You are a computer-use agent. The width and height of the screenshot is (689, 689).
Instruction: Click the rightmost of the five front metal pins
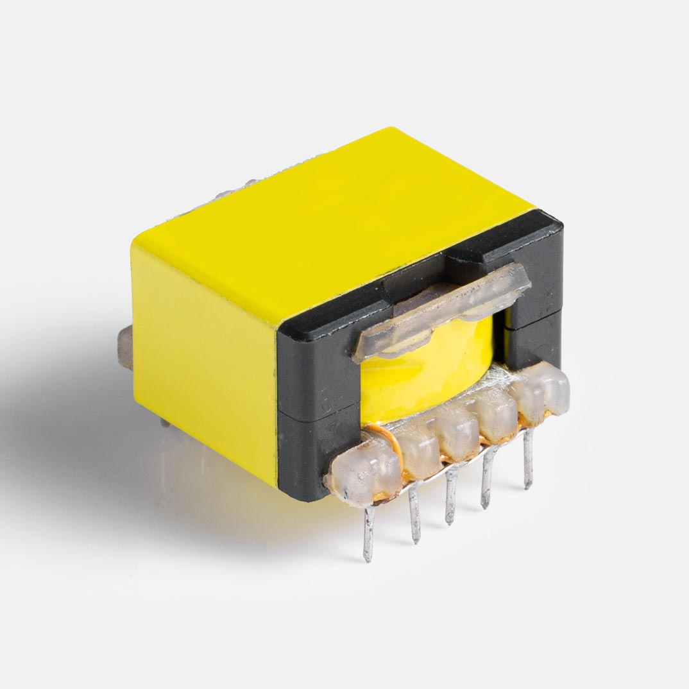click(528, 459)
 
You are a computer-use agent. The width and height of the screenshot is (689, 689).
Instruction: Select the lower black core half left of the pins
click(308, 449)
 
